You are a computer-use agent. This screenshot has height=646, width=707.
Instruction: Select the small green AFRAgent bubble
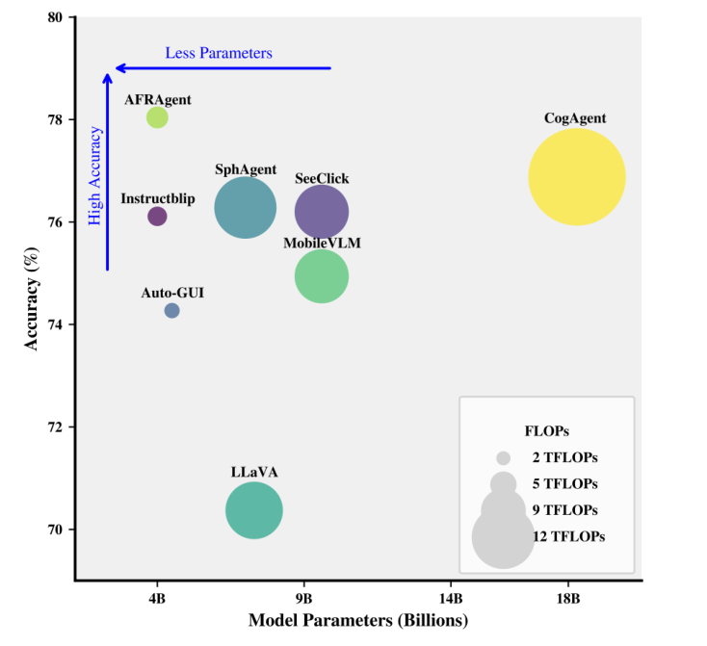coord(157,117)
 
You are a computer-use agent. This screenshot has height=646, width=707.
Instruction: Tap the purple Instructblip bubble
coord(157,217)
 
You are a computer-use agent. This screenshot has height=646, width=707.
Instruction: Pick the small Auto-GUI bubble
coord(171,310)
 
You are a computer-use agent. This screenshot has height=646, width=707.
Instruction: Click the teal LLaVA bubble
coord(254,510)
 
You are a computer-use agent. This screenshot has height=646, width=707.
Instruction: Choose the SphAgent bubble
coord(245,207)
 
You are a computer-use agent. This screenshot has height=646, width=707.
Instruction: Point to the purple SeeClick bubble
coord(321,212)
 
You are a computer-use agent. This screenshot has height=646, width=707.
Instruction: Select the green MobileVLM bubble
coord(321,276)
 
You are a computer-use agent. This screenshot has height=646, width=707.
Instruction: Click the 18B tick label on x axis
coord(568,597)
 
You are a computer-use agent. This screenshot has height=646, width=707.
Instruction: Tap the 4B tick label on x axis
coord(158,597)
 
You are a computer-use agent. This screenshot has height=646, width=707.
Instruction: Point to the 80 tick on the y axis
coord(58,17)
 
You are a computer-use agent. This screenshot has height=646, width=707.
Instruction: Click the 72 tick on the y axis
coord(58,426)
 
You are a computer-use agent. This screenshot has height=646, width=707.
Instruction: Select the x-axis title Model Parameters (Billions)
coord(358,620)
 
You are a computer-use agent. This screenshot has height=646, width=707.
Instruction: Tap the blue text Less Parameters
coord(219,53)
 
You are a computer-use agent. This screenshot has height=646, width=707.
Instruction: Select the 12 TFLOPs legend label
coord(568,535)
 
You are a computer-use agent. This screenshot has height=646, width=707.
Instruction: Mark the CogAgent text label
coord(575,118)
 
